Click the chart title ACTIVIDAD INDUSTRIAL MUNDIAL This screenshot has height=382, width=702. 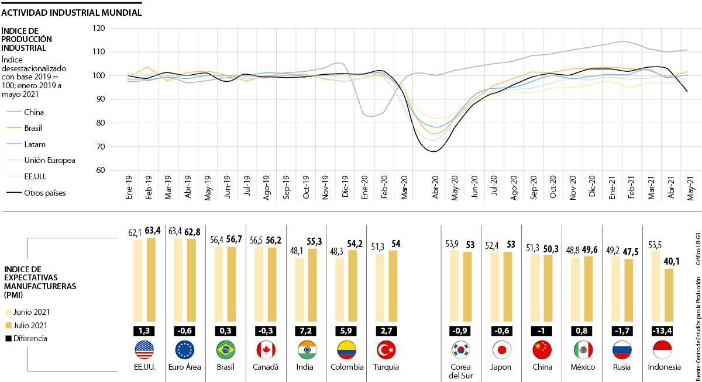coord(71,12)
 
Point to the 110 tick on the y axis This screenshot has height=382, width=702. coord(99,52)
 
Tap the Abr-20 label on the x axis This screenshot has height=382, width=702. coord(436,187)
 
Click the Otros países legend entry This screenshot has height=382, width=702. coord(44,193)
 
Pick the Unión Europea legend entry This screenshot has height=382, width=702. coord(50,160)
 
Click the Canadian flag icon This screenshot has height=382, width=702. coord(266,350)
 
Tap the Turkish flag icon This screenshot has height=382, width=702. coord(386,350)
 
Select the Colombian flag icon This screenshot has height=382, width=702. coord(346,350)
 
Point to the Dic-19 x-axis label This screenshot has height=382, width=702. coord(345,187)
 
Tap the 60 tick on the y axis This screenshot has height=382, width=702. coord(100,171)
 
